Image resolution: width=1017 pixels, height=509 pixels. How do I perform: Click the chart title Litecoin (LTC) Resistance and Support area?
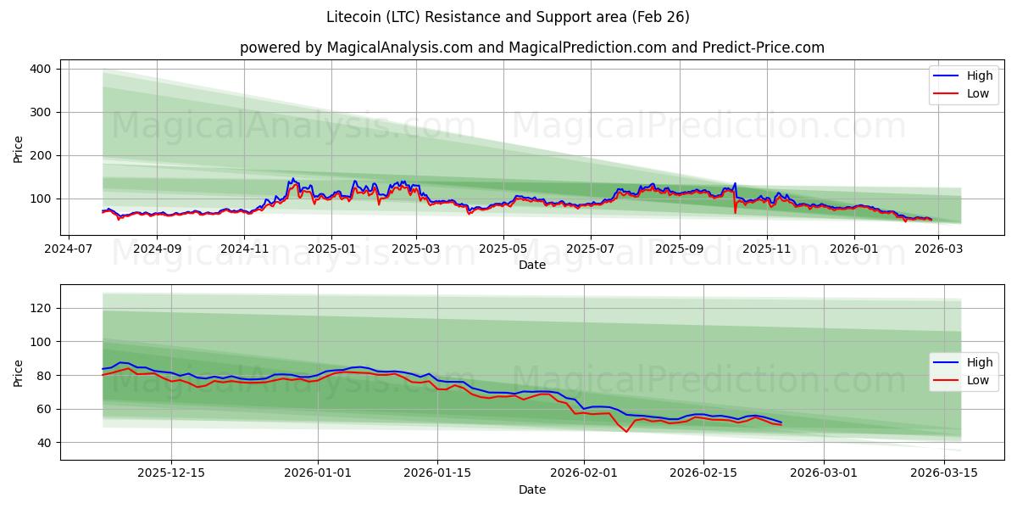pyautogui.click(x=508, y=17)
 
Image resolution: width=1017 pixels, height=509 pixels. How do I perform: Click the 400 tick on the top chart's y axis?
pyautogui.click(x=41, y=69)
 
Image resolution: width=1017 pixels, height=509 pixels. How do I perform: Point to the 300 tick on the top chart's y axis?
pyautogui.click(x=41, y=112)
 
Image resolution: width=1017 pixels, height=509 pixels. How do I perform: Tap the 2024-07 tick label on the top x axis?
pyautogui.click(x=68, y=250)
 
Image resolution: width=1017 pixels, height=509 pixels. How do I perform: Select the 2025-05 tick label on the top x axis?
pyautogui.click(x=503, y=250)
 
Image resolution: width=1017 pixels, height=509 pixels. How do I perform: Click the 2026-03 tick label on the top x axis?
pyautogui.click(x=940, y=250)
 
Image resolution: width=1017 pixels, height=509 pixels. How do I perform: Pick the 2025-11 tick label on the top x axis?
pyautogui.click(x=766, y=250)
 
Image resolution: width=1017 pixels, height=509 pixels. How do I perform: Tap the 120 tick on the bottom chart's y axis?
pyautogui.click(x=41, y=308)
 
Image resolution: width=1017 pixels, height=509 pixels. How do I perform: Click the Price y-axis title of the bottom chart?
pyautogui.click(x=19, y=372)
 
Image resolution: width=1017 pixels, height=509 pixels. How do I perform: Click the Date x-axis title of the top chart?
pyautogui.click(x=532, y=266)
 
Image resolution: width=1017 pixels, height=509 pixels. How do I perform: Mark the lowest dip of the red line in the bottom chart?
pyautogui.click(x=626, y=432)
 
